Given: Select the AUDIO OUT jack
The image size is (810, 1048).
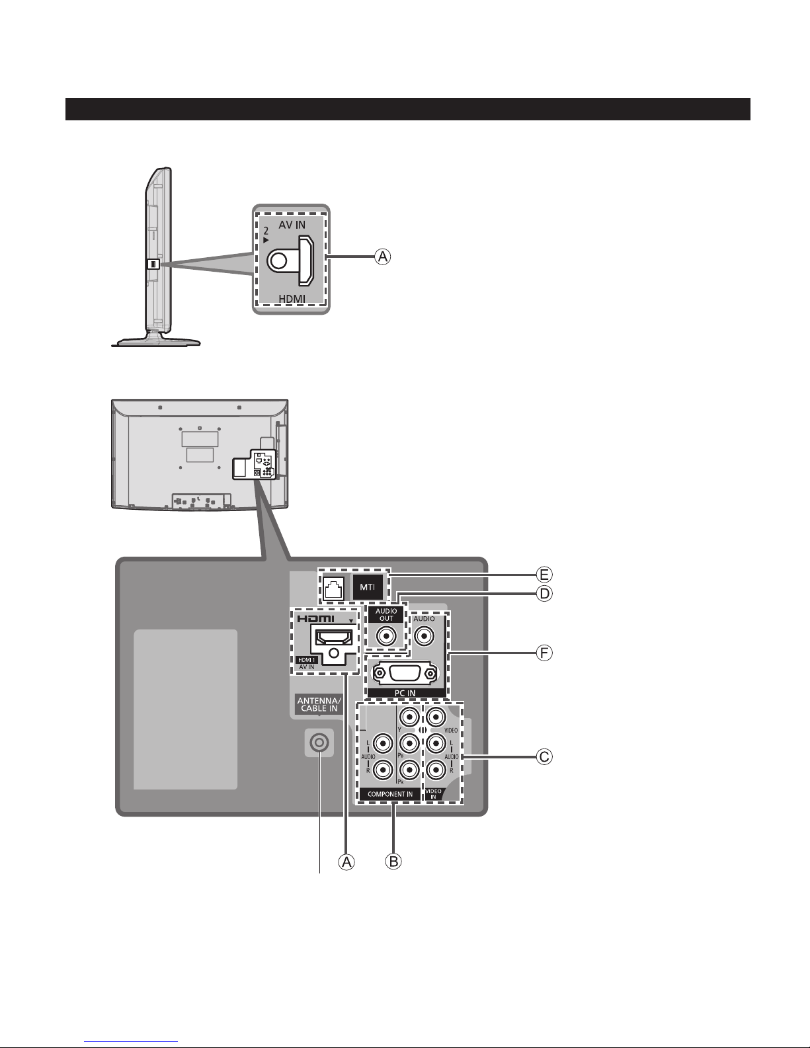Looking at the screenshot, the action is (x=386, y=636).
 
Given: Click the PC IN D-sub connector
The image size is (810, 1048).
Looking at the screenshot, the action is (x=404, y=673).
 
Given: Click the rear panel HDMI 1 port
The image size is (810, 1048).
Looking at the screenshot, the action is (x=334, y=638).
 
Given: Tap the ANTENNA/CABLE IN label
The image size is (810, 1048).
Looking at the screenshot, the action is (x=318, y=704).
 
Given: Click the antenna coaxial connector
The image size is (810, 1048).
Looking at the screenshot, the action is (x=319, y=743).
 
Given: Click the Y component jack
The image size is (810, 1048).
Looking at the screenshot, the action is (x=410, y=717).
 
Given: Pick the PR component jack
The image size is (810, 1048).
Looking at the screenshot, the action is (x=410, y=769).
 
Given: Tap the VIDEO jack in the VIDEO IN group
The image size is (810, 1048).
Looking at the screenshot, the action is (x=434, y=717).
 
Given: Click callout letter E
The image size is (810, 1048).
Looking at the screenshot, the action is (x=544, y=573).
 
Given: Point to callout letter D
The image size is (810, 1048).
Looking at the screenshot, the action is (x=544, y=594).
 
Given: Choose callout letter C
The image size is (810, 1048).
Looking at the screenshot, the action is (x=544, y=756).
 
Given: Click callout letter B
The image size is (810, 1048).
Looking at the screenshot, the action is (x=393, y=861).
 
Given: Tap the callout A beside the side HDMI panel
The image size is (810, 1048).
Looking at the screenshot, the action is (x=382, y=257).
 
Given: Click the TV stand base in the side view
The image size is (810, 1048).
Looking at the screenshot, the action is (x=156, y=341).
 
